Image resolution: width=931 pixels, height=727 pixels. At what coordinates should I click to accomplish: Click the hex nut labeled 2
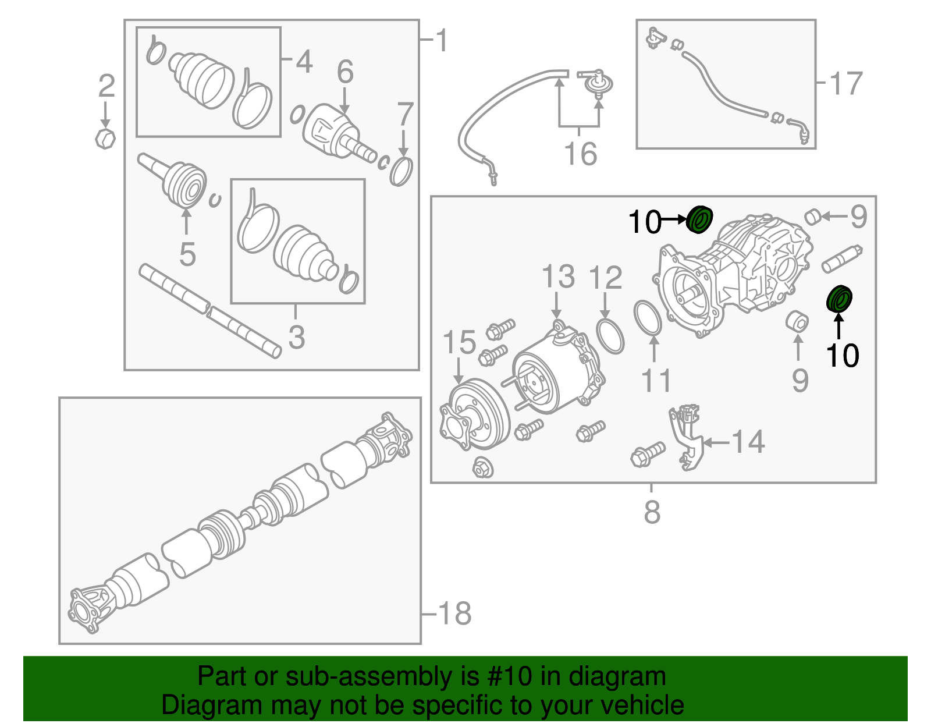(x=105, y=139)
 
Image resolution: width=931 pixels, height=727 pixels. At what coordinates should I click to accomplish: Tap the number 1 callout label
(x=442, y=41)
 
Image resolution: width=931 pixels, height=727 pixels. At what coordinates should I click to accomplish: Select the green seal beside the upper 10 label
(x=699, y=220)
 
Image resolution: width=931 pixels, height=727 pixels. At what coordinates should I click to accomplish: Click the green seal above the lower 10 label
(x=840, y=299)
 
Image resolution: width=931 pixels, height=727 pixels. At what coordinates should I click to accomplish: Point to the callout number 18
(x=454, y=613)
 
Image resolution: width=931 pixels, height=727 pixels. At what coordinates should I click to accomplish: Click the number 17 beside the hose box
(x=845, y=83)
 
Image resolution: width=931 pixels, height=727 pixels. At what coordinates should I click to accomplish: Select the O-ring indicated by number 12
(x=610, y=335)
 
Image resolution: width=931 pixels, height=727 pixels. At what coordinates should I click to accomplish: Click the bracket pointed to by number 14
(x=687, y=437)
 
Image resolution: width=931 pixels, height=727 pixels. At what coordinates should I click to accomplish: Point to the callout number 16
(x=580, y=154)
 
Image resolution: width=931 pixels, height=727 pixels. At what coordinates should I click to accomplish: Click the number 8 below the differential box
(x=652, y=512)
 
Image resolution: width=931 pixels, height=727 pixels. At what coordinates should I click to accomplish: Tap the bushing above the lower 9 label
(x=797, y=321)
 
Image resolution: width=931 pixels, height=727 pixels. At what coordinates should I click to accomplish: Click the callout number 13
(x=558, y=276)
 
